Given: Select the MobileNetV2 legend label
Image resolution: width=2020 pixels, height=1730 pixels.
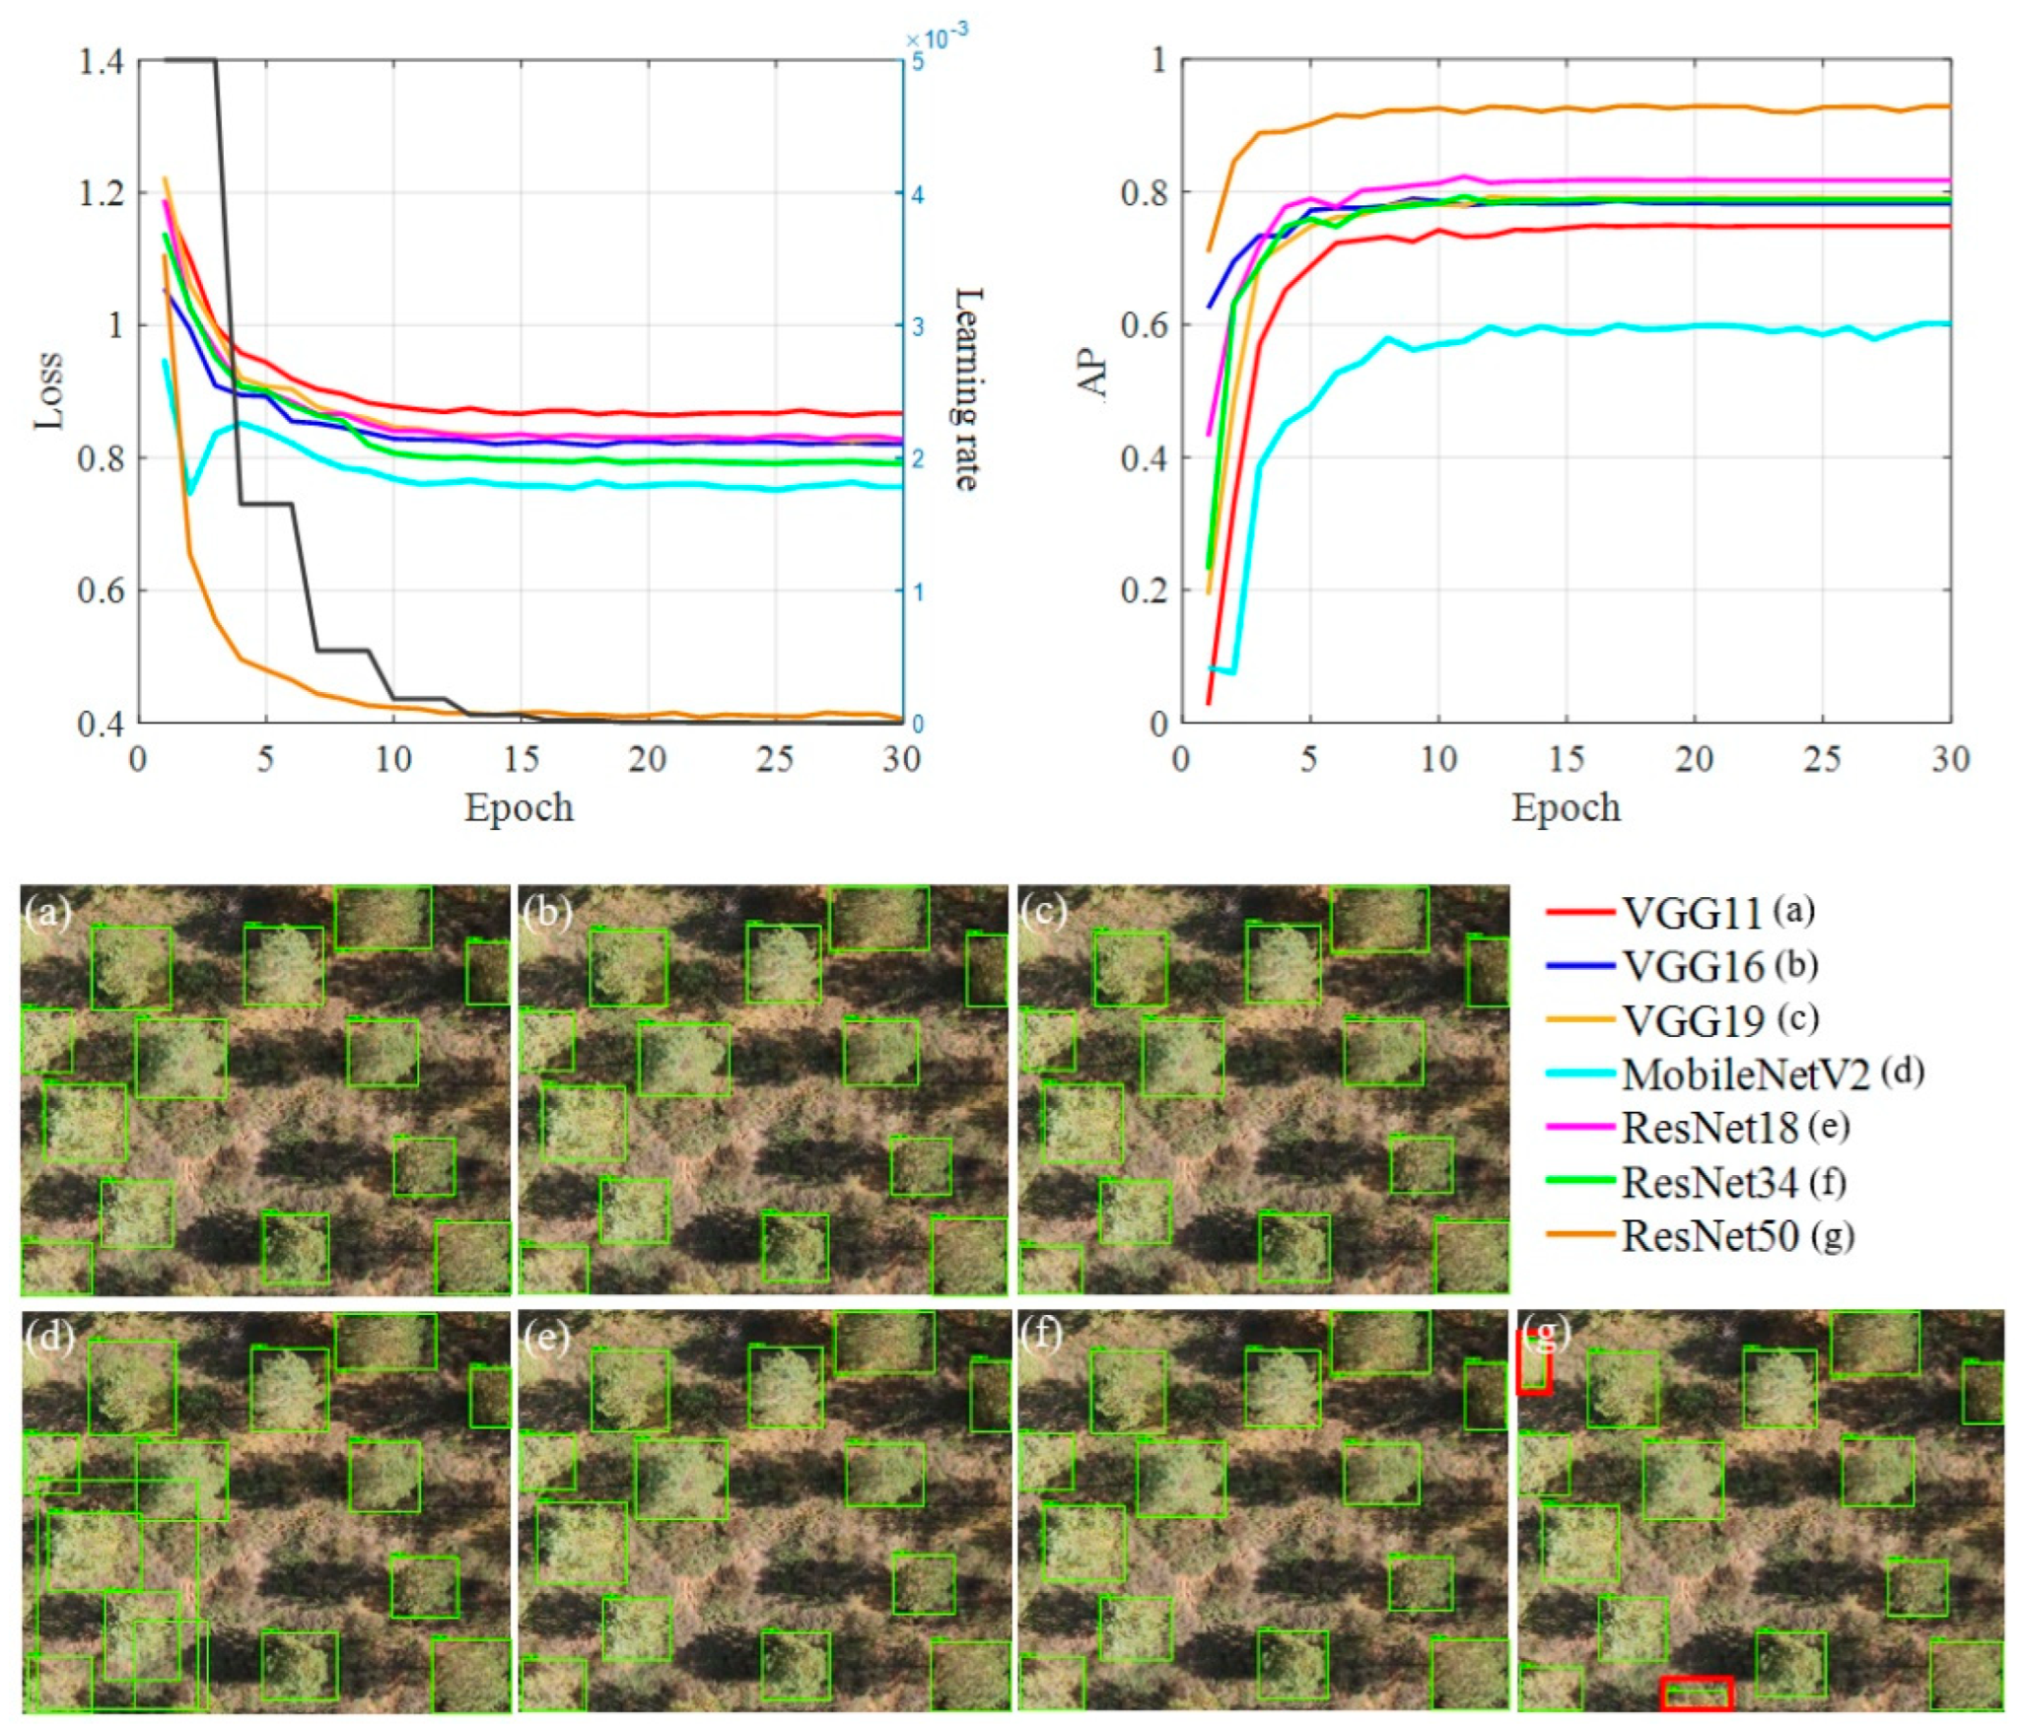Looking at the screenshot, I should (x=1745, y=1074).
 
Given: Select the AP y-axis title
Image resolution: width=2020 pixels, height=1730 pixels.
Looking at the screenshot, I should (x=1094, y=375).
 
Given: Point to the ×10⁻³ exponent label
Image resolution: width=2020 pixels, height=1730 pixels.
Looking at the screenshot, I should (x=936, y=39).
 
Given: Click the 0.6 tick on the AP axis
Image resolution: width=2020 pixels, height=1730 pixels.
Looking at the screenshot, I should (x=1145, y=325).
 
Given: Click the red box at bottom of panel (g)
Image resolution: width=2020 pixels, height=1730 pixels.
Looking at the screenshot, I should (x=1696, y=1694).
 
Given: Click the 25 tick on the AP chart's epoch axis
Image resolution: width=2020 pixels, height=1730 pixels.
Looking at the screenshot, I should (x=1822, y=759).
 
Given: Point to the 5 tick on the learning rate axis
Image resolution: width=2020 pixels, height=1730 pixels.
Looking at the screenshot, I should (x=918, y=62).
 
